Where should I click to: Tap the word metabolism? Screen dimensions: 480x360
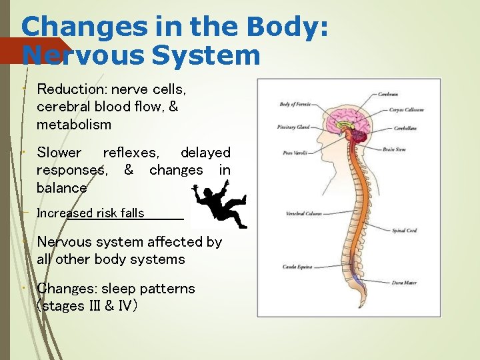(74, 125)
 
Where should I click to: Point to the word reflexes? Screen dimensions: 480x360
(131, 153)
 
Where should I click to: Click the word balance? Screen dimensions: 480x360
(61, 188)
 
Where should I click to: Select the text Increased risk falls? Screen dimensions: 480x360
(90, 213)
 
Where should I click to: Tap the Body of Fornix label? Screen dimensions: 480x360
(295, 104)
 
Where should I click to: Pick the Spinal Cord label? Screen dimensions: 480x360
(404, 231)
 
